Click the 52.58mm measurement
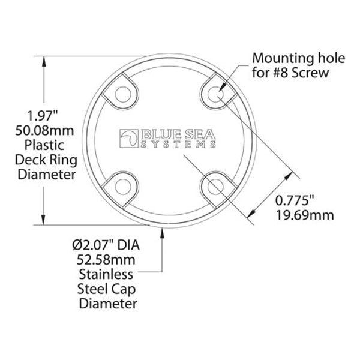coord(106,260)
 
